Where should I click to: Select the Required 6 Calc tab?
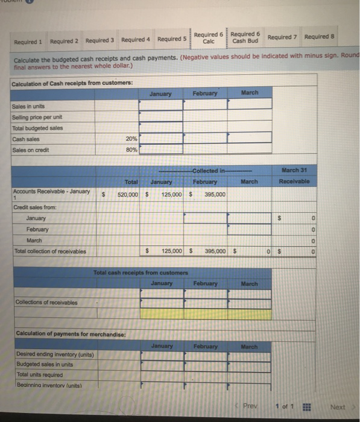click(209, 37)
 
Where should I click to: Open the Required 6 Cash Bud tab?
click(245, 37)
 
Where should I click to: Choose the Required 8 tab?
click(320, 37)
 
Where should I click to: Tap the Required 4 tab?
click(135, 40)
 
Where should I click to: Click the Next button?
click(338, 407)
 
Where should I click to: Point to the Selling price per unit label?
click(36, 117)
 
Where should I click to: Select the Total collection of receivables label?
click(49, 251)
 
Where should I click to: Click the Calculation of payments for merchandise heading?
click(60, 334)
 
